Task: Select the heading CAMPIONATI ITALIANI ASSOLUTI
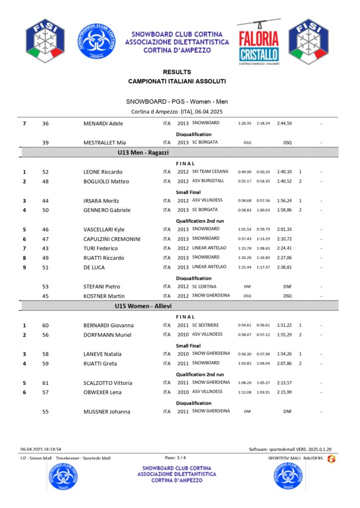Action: pos(177,81)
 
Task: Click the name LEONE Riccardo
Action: pos(103,172)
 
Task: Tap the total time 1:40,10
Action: pos(284,172)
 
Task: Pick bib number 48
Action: pos(46,182)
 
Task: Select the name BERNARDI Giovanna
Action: pos(108,325)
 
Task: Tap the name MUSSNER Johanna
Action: pos(107,412)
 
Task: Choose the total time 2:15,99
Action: pos(284,392)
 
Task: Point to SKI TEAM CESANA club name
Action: pos(210,172)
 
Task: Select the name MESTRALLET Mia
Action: pos(104,143)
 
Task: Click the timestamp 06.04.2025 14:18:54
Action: pos(41,449)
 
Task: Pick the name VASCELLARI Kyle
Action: pos(104,230)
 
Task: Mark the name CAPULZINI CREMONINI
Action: pos(112,239)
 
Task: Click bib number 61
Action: pos(46,383)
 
